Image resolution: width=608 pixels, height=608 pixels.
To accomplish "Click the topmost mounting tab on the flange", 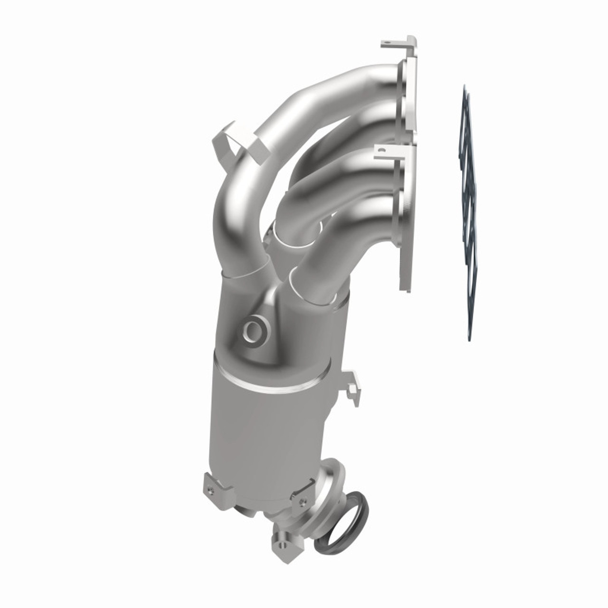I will [x=397, y=44].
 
